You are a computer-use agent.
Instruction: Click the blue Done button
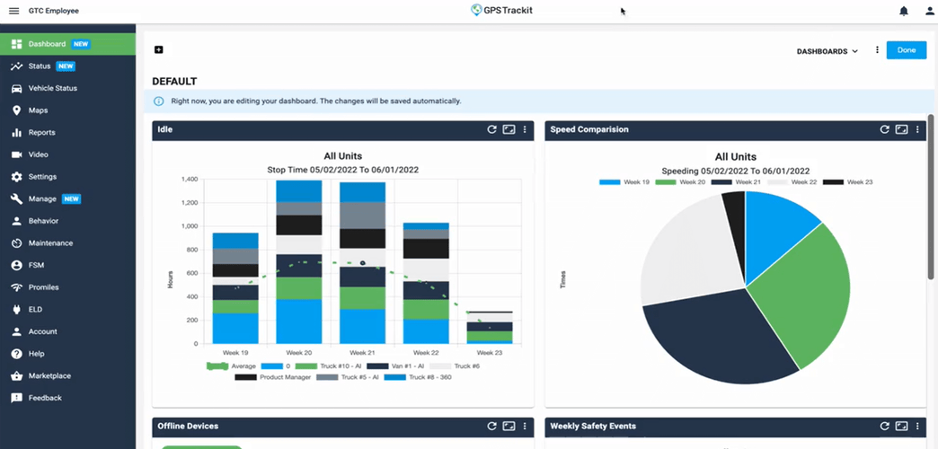[x=906, y=50]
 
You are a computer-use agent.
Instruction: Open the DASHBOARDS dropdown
[x=827, y=51]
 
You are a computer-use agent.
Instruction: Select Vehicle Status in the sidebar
[x=52, y=88]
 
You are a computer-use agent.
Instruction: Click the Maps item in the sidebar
[x=38, y=110]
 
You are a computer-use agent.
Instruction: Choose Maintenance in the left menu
[x=50, y=243]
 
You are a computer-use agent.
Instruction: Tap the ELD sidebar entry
[x=35, y=309]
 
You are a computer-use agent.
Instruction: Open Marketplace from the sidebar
[x=49, y=375]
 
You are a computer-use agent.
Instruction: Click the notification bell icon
[x=904, y=11]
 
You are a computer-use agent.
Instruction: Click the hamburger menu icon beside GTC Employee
[x=13, y=11]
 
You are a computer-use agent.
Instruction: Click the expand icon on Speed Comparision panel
[x=901, y=129]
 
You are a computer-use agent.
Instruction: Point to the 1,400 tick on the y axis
[x=188, y=180]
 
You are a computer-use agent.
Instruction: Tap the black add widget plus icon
[x=159, y=49]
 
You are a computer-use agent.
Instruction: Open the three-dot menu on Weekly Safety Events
[x=917, y=426]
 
